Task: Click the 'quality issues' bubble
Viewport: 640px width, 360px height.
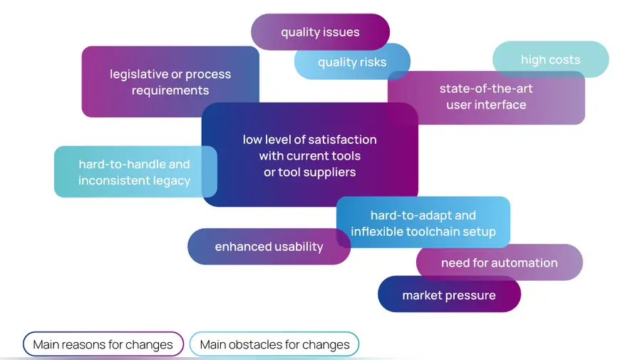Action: pos(320,32)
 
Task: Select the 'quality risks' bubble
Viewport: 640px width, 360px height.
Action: pos(352,62)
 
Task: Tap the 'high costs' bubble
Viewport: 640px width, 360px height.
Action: pos(550,60)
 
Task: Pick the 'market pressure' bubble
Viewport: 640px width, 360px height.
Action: pos(449,295)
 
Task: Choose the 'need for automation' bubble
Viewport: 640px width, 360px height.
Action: pos(499,263)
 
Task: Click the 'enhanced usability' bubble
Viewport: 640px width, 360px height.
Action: pos(269,247)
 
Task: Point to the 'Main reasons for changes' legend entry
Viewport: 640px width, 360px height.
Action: pos(103,345)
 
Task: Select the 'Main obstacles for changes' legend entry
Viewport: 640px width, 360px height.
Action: pos(274,345)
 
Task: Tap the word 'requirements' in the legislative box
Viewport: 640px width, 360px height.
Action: pos(170,91)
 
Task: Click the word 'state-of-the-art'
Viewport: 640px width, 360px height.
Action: pos(486,88)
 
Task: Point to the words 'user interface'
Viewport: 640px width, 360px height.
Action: pos(486,105)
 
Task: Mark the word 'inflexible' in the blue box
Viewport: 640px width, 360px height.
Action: pos(377,232)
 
